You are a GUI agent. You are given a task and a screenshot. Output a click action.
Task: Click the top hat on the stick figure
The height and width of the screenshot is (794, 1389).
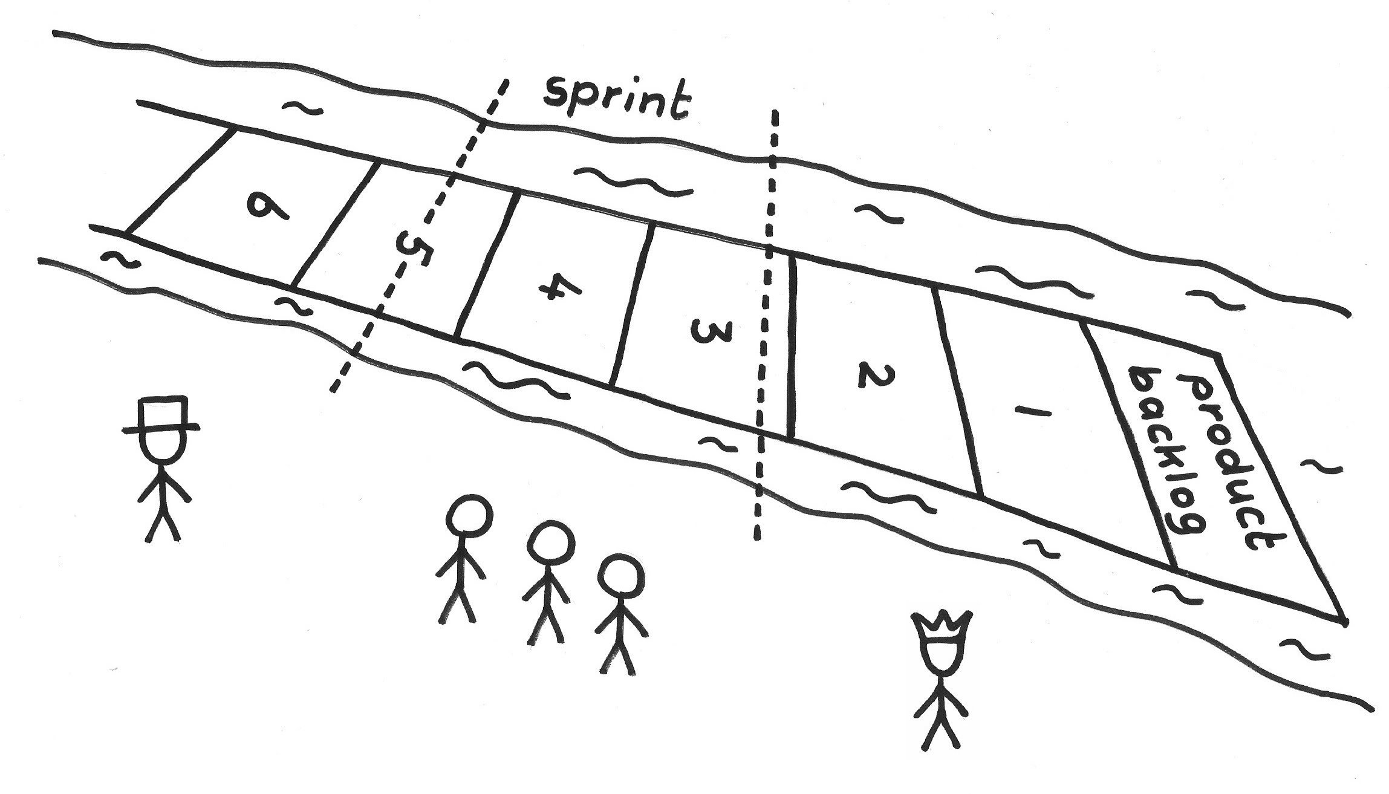tap(162, 415)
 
